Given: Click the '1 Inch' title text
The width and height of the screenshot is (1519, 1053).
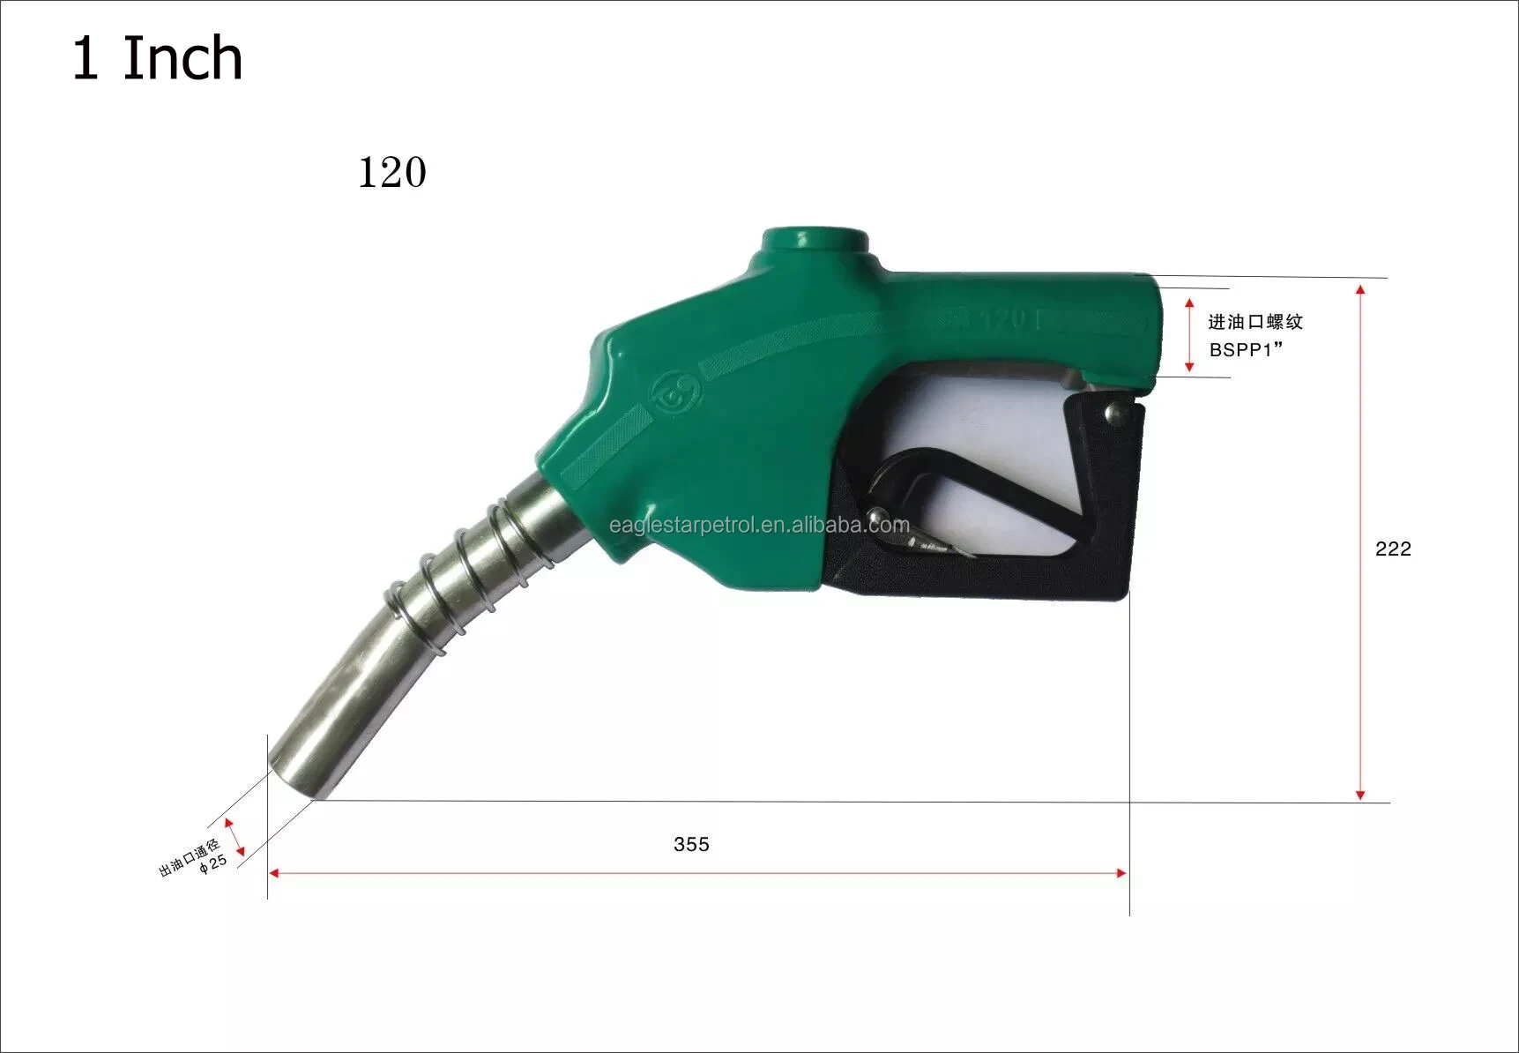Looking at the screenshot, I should (x=157, y=59).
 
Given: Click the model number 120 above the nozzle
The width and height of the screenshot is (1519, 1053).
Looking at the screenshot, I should (x=392, y=172).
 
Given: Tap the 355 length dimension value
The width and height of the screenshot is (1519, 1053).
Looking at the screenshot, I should (x=691, y=844).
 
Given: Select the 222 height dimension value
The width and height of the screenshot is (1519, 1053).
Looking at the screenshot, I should (x=1393, y=549).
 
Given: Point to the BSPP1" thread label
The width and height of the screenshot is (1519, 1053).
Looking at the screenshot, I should (x=1246, y=350).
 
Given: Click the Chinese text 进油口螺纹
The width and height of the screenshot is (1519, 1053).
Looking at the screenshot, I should (x=1255, y=322).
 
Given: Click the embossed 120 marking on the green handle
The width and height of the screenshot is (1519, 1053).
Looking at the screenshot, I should (x=1009, y=319).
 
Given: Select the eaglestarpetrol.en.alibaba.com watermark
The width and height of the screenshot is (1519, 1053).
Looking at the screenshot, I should (x=759, y=526).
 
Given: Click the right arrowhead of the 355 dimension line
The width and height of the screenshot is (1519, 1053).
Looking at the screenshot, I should (x=1121, y=873).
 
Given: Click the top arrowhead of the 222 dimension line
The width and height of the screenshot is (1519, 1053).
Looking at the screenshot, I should (x=1360, y=290).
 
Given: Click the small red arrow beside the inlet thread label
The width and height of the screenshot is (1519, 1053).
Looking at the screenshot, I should (x=1189, y=335).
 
